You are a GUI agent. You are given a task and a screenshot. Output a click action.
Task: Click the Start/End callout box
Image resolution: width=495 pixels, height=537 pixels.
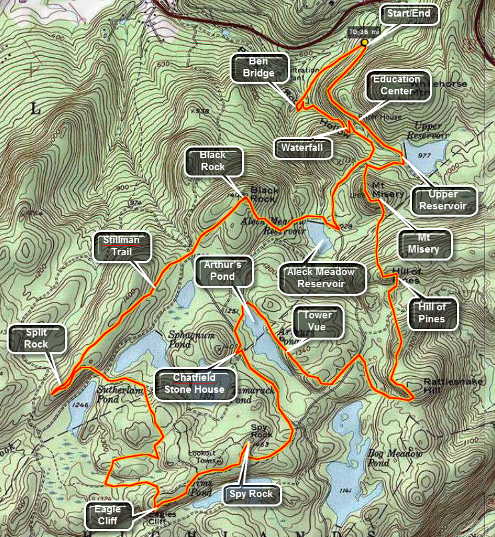coord(410,15)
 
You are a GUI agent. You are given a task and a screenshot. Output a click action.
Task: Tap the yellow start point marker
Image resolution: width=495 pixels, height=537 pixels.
coord(365,43)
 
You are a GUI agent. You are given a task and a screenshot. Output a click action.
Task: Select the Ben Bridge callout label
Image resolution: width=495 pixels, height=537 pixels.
coord(259,66)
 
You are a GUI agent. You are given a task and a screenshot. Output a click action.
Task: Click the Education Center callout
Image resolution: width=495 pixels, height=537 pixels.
coord(397,85)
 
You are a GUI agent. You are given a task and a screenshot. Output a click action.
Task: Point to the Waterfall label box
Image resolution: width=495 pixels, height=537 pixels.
coord(303,148)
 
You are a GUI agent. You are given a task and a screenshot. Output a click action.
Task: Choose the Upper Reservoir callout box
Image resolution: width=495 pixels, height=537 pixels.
coord(444,201)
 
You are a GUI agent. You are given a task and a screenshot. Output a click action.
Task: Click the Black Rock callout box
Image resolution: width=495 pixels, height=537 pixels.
coord(213,161)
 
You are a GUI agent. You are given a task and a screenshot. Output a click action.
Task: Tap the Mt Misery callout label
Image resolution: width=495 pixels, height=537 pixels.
coord(426,243)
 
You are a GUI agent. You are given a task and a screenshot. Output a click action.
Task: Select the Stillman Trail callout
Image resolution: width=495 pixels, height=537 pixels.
coord(123,245)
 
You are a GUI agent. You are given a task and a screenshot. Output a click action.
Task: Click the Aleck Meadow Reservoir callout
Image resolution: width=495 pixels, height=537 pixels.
coord(326,278)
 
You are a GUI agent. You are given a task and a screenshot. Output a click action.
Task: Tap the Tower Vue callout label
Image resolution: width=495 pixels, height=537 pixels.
coord(319,322)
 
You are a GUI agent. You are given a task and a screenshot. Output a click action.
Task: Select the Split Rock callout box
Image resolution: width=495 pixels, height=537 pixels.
coord(37,338)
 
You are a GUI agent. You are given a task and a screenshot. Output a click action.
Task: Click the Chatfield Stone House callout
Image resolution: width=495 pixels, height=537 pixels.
coord(198,385)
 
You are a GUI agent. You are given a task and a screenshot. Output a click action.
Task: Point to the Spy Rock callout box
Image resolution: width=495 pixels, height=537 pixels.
coord(251,494)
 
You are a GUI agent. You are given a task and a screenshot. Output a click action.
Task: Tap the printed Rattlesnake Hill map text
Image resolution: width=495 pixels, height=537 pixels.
coord(446,387)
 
